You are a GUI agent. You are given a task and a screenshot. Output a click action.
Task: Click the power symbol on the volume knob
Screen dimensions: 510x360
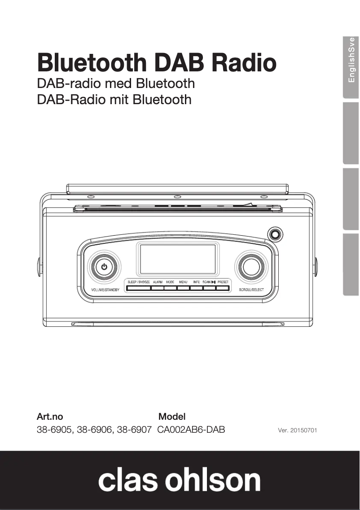tap(104, 267)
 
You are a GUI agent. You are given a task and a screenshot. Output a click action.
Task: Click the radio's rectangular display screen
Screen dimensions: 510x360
tap(178, 259)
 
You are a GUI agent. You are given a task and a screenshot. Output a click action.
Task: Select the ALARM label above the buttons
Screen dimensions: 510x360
tap(158, 282)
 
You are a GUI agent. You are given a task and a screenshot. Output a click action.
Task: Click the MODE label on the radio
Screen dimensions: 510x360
tap(170, 282)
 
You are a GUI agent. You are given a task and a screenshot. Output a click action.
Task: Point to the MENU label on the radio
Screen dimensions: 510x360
tap(183, 282)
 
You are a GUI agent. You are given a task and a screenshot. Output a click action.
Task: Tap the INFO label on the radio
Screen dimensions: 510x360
tap(197, 282)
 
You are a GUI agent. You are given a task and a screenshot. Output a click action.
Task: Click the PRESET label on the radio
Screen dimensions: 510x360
tap(223, 282)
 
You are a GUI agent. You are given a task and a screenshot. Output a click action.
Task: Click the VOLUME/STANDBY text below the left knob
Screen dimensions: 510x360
tap(105, 290)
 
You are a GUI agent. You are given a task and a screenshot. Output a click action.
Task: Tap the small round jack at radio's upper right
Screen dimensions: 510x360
tap(274, 234)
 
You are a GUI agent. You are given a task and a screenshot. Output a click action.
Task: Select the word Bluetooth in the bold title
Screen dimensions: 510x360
tap(92, 62)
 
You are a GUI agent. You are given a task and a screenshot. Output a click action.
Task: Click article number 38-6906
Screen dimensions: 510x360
tap(95, 430)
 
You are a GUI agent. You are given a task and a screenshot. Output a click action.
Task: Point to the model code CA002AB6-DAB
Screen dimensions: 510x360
tap(191, 430)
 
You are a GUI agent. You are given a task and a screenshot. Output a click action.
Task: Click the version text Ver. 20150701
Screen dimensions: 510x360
tap(298, 430)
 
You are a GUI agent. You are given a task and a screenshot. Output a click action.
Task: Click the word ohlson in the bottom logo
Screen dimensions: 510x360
tap(213, 480)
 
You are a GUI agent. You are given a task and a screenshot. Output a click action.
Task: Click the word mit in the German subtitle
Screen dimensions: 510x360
tap(119, 99)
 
